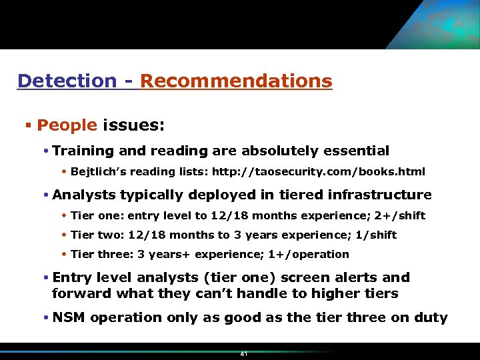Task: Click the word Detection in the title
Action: (67, 81)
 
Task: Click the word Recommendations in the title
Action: (236, 81)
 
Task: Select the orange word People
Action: (67, 125)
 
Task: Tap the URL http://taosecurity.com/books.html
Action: (318, 172)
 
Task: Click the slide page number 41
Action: (243, 354)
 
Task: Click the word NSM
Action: (69, 317)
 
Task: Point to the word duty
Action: (431, 317)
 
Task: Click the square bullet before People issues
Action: (28, 125)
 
